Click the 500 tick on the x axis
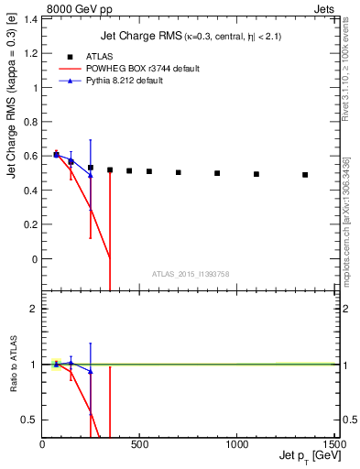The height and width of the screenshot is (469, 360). (139, 445)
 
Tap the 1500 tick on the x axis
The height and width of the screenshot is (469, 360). (333, 445)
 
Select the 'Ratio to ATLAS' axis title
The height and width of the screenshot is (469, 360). (13, 364)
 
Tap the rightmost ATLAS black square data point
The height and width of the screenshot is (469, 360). (305, 175)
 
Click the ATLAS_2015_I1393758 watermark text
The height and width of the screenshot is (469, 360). (191, 273)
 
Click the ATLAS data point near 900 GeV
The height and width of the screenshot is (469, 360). (217, 173)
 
